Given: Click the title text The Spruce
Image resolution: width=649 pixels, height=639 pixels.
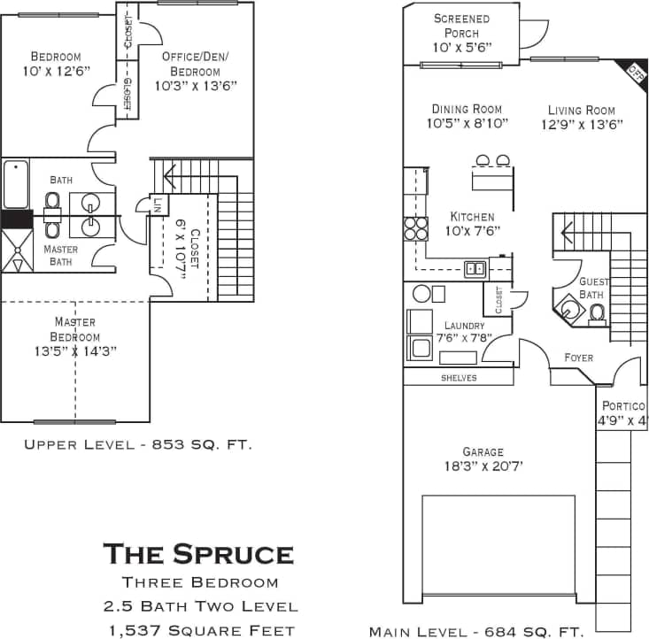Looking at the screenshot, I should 198,554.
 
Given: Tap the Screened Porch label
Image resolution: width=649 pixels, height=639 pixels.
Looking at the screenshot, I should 461,26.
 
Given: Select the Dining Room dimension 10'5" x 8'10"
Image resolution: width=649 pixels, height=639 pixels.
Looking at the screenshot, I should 467,124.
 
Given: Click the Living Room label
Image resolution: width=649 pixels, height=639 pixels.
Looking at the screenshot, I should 581,110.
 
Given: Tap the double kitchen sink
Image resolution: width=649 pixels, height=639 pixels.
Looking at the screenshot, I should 475,268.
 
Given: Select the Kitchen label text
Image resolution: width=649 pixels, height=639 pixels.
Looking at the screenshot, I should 472,217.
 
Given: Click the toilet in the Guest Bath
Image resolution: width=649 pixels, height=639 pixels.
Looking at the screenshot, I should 598,312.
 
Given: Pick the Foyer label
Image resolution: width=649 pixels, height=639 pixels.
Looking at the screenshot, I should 579,358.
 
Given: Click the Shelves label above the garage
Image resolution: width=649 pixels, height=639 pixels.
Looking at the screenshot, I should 459,378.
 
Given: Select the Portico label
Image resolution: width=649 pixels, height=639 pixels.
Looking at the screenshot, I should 624,405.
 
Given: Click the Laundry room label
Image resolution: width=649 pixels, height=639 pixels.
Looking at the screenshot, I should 465,327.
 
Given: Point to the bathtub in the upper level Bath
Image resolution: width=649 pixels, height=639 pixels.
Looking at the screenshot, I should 16,184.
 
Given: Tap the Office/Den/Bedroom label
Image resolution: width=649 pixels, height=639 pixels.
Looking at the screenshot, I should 195,64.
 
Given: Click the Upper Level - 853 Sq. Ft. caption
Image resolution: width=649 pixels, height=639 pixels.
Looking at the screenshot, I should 137,444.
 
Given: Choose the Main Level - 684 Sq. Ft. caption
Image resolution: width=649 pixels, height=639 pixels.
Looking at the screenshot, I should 476,631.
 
